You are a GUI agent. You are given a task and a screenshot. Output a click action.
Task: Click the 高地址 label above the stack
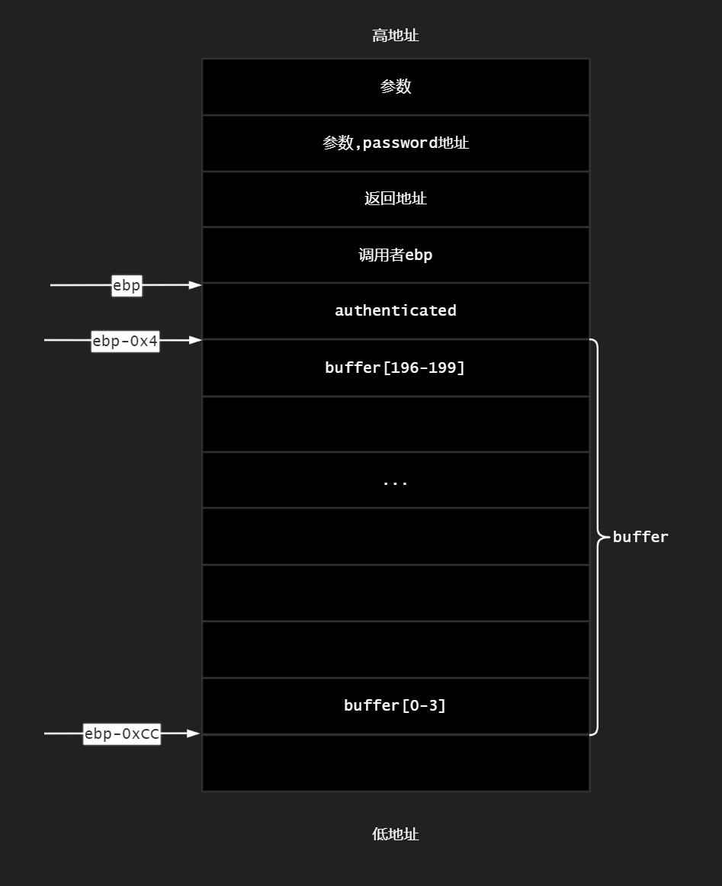[x=395, y=36]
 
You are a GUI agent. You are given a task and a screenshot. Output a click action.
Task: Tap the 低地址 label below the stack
[x=395, y=834]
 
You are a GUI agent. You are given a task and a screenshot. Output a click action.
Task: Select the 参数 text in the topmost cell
[x=396, y=87]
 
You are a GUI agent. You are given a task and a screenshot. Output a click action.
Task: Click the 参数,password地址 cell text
[x=396, y=143]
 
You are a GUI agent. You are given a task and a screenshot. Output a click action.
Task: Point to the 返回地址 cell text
[x=396, y=199]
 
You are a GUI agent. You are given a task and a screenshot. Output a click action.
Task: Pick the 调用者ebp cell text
[x=396, y=255]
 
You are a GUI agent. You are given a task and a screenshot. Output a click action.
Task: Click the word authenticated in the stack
[x=396, y=310]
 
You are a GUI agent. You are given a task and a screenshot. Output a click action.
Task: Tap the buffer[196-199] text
[x=395, y=368]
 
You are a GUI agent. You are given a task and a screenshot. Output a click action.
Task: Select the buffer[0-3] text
[x=395, y=705]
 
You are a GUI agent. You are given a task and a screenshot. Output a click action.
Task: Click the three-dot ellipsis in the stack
[x=395, y=483]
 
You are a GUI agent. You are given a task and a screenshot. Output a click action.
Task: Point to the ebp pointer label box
[x=127, y=285]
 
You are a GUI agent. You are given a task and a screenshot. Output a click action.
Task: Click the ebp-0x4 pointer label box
[x=125, y=341]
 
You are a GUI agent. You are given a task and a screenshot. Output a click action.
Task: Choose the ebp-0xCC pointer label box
[x=122, y=734]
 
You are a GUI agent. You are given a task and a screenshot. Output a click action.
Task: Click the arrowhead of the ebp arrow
[x=196, y=285]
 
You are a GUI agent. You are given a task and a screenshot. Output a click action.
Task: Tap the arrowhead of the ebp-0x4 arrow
[x=196, y=340]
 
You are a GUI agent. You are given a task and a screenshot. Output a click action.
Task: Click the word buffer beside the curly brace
[x=640, y=537]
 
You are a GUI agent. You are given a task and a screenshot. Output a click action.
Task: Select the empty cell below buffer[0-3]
[x=396, y=763]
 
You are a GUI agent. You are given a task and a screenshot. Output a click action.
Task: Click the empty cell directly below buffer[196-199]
[x=396, y=424]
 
